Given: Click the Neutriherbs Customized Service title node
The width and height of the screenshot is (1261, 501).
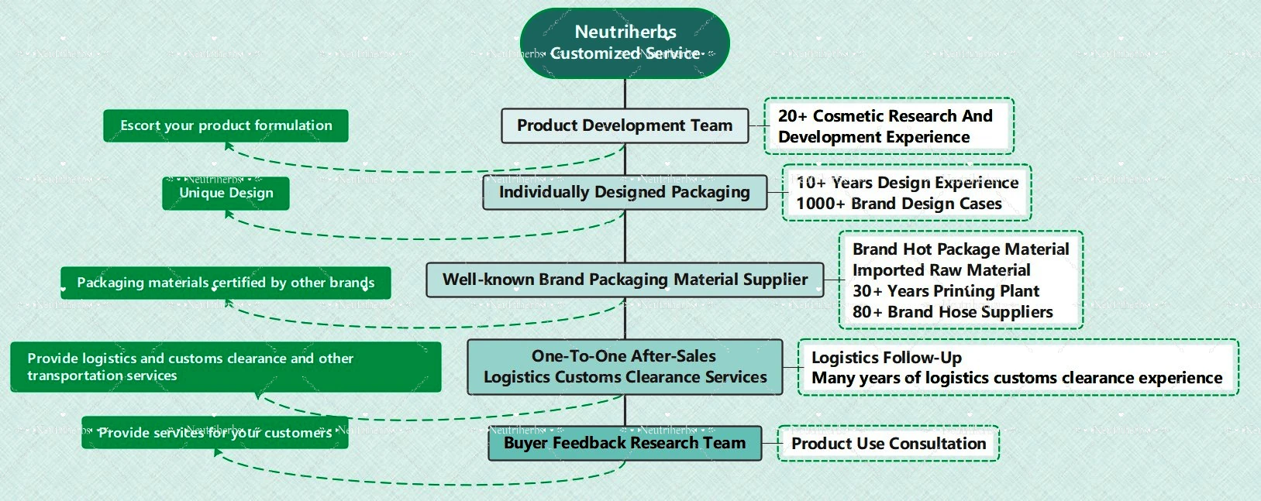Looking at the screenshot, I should (x=625, y=43).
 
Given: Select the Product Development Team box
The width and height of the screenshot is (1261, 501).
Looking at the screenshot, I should (x=625, y=125).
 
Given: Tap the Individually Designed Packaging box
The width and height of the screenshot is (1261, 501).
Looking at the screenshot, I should (x=625, y=192).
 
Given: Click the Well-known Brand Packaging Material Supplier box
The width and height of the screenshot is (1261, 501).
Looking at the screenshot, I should (x=625, y=280).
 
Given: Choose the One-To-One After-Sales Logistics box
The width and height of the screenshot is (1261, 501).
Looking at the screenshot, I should (x=625, y=367).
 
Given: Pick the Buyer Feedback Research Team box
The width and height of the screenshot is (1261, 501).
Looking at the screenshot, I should (x=625, y=444).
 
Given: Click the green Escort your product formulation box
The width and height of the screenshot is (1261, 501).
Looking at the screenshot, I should (x=226, y=125).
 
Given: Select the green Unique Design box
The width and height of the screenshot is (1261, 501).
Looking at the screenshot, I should (x=226, y=194).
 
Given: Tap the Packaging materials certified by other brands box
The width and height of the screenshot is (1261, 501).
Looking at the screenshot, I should (x=226, y=283).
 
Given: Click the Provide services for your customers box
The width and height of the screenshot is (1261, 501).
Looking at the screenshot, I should (x=215, y=433).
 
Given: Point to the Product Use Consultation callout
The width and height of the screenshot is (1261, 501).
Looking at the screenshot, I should (x=888, y=444).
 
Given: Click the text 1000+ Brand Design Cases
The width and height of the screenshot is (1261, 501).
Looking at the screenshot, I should (x=899, y=204).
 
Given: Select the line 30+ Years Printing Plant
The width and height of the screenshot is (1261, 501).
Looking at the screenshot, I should (x=946, y=291).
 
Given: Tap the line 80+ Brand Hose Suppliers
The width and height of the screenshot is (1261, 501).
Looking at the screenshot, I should (x=953, y=312).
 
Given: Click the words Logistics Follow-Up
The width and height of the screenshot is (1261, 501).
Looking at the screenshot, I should (x=887, y=358).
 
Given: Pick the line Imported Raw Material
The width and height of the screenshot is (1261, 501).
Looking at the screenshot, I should (x=941, y=270).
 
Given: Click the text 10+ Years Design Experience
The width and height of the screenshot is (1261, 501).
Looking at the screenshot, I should (x=907, y=183).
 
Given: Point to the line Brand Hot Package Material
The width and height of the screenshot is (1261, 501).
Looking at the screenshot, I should (x=960, y=249).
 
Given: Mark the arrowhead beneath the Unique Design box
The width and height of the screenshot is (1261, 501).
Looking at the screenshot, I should (x=229, y=214).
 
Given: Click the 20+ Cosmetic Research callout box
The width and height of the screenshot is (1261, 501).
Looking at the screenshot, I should (x=888, y=126).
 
